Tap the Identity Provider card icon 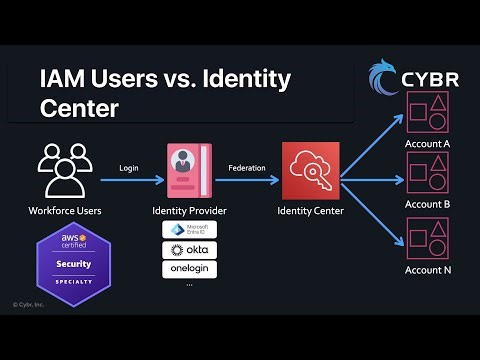pyautogui.click(x=189, y=172)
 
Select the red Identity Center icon pyautogui.click(x=310, y=172)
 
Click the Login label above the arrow pyautogui.click(x=128, y=167)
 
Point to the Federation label pyautogui.click(x=247, y=167)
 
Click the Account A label pyautogui.click(x=427, y=144)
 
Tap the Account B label pyautogui.click(x=427, y=204)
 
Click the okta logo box pyautogui.click(x=189, y=249)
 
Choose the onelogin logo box pyautogui.click(x=189, y=269)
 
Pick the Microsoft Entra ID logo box pyautogui.click(x=189, y=229)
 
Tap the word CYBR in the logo pyautogui.click(x=431, y=79)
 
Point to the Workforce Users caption pyautogui.click(x=64, y=211)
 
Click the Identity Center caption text pyautogui.click(x=310, y=211)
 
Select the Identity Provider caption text pyautogui.click(x=189, y=211)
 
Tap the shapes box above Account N pyautogui.click(x=427, y=236)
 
